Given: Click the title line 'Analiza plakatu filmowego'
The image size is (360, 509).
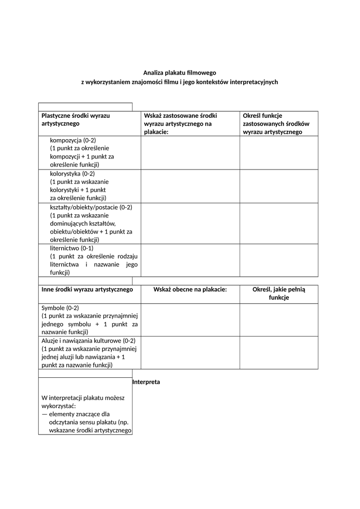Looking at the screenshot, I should tap(180, 73).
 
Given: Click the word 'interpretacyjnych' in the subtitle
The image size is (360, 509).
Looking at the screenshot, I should tap(253, 82).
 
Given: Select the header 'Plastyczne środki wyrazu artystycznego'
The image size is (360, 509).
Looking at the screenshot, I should tap(76, 119).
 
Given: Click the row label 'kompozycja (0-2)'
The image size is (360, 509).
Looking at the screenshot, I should tap(73, 140).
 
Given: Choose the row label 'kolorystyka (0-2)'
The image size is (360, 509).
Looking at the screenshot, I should tap(72, 173).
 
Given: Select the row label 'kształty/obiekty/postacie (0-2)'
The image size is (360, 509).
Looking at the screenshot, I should tap(91, 207).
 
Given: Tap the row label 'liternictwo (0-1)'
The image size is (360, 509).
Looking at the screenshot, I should tap(72, 248).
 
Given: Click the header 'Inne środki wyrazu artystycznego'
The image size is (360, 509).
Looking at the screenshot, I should tap(87, 289).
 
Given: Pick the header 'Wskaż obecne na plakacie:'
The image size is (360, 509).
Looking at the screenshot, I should tap(190, 289).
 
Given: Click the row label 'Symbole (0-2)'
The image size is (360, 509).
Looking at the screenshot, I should tap(60, 308).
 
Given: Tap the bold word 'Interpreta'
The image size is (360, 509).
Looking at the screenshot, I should tap(146, 382).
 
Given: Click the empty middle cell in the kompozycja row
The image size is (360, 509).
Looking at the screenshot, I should tap(190, 153).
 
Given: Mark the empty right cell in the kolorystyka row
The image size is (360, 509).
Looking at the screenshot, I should tap(278, 186).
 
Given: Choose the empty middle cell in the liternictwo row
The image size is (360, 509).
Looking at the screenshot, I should tap(190, 260).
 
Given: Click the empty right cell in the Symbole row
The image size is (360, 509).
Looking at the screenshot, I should tap(278, 320).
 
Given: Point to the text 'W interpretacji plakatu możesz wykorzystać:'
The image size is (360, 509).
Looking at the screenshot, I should tap(84, 402).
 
